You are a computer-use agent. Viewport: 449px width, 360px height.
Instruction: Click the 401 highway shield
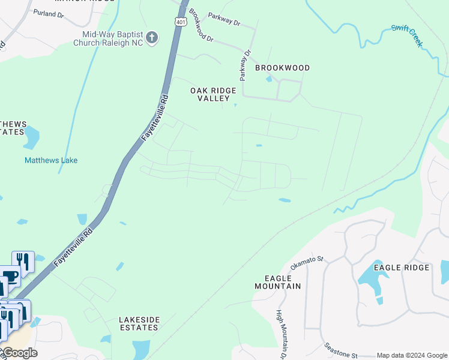[x=180, y=22]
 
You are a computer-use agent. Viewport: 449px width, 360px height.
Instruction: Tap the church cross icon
[x=152, y=38]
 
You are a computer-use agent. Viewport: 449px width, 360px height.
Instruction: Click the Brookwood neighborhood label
[x=282, y=68]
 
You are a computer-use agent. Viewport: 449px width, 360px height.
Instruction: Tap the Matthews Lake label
[x=51, y=161]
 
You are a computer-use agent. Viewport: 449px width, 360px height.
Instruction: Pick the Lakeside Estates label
[x=139, y=323]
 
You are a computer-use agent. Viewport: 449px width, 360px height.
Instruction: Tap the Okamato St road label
[x=307, y=263]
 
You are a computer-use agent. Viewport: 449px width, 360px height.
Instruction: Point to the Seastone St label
[x=340, y=350]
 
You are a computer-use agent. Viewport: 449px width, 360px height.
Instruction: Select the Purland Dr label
[x=49, y=13]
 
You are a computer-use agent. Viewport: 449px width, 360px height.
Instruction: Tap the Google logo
[x=20, y=353]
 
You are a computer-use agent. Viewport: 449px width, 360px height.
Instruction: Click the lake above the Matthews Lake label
[x=31, y=138]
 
